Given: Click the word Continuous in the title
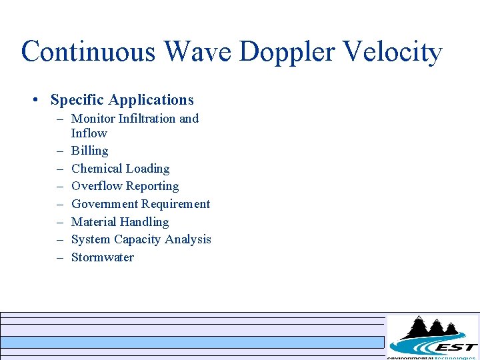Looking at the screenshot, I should (89, 52).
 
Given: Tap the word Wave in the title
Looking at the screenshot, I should (198, 52).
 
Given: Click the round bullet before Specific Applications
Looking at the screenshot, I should (35, 101).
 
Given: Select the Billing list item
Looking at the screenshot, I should (89, 151).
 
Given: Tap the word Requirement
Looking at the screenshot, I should (177, 204).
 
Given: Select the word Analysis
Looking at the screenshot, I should (190, 239).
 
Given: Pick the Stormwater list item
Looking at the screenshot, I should (102, 257).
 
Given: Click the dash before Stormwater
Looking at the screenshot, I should (59, 257).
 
